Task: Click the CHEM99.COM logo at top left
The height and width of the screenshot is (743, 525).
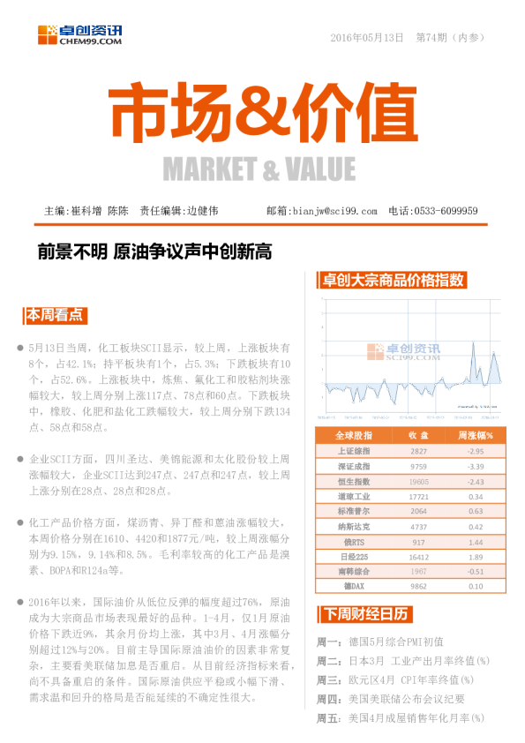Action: (79, 35)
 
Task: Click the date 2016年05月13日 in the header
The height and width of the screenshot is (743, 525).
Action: (366, 38)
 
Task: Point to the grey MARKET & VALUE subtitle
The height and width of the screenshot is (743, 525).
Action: (259, 168)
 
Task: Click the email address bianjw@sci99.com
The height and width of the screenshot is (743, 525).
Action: (333, 212)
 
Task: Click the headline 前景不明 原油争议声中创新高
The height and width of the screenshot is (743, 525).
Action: (154, 252)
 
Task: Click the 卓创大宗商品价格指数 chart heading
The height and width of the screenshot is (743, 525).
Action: (393, 280)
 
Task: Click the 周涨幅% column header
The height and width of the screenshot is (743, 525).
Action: (475, 435)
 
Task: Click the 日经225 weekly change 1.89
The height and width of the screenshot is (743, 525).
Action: (475, 556)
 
